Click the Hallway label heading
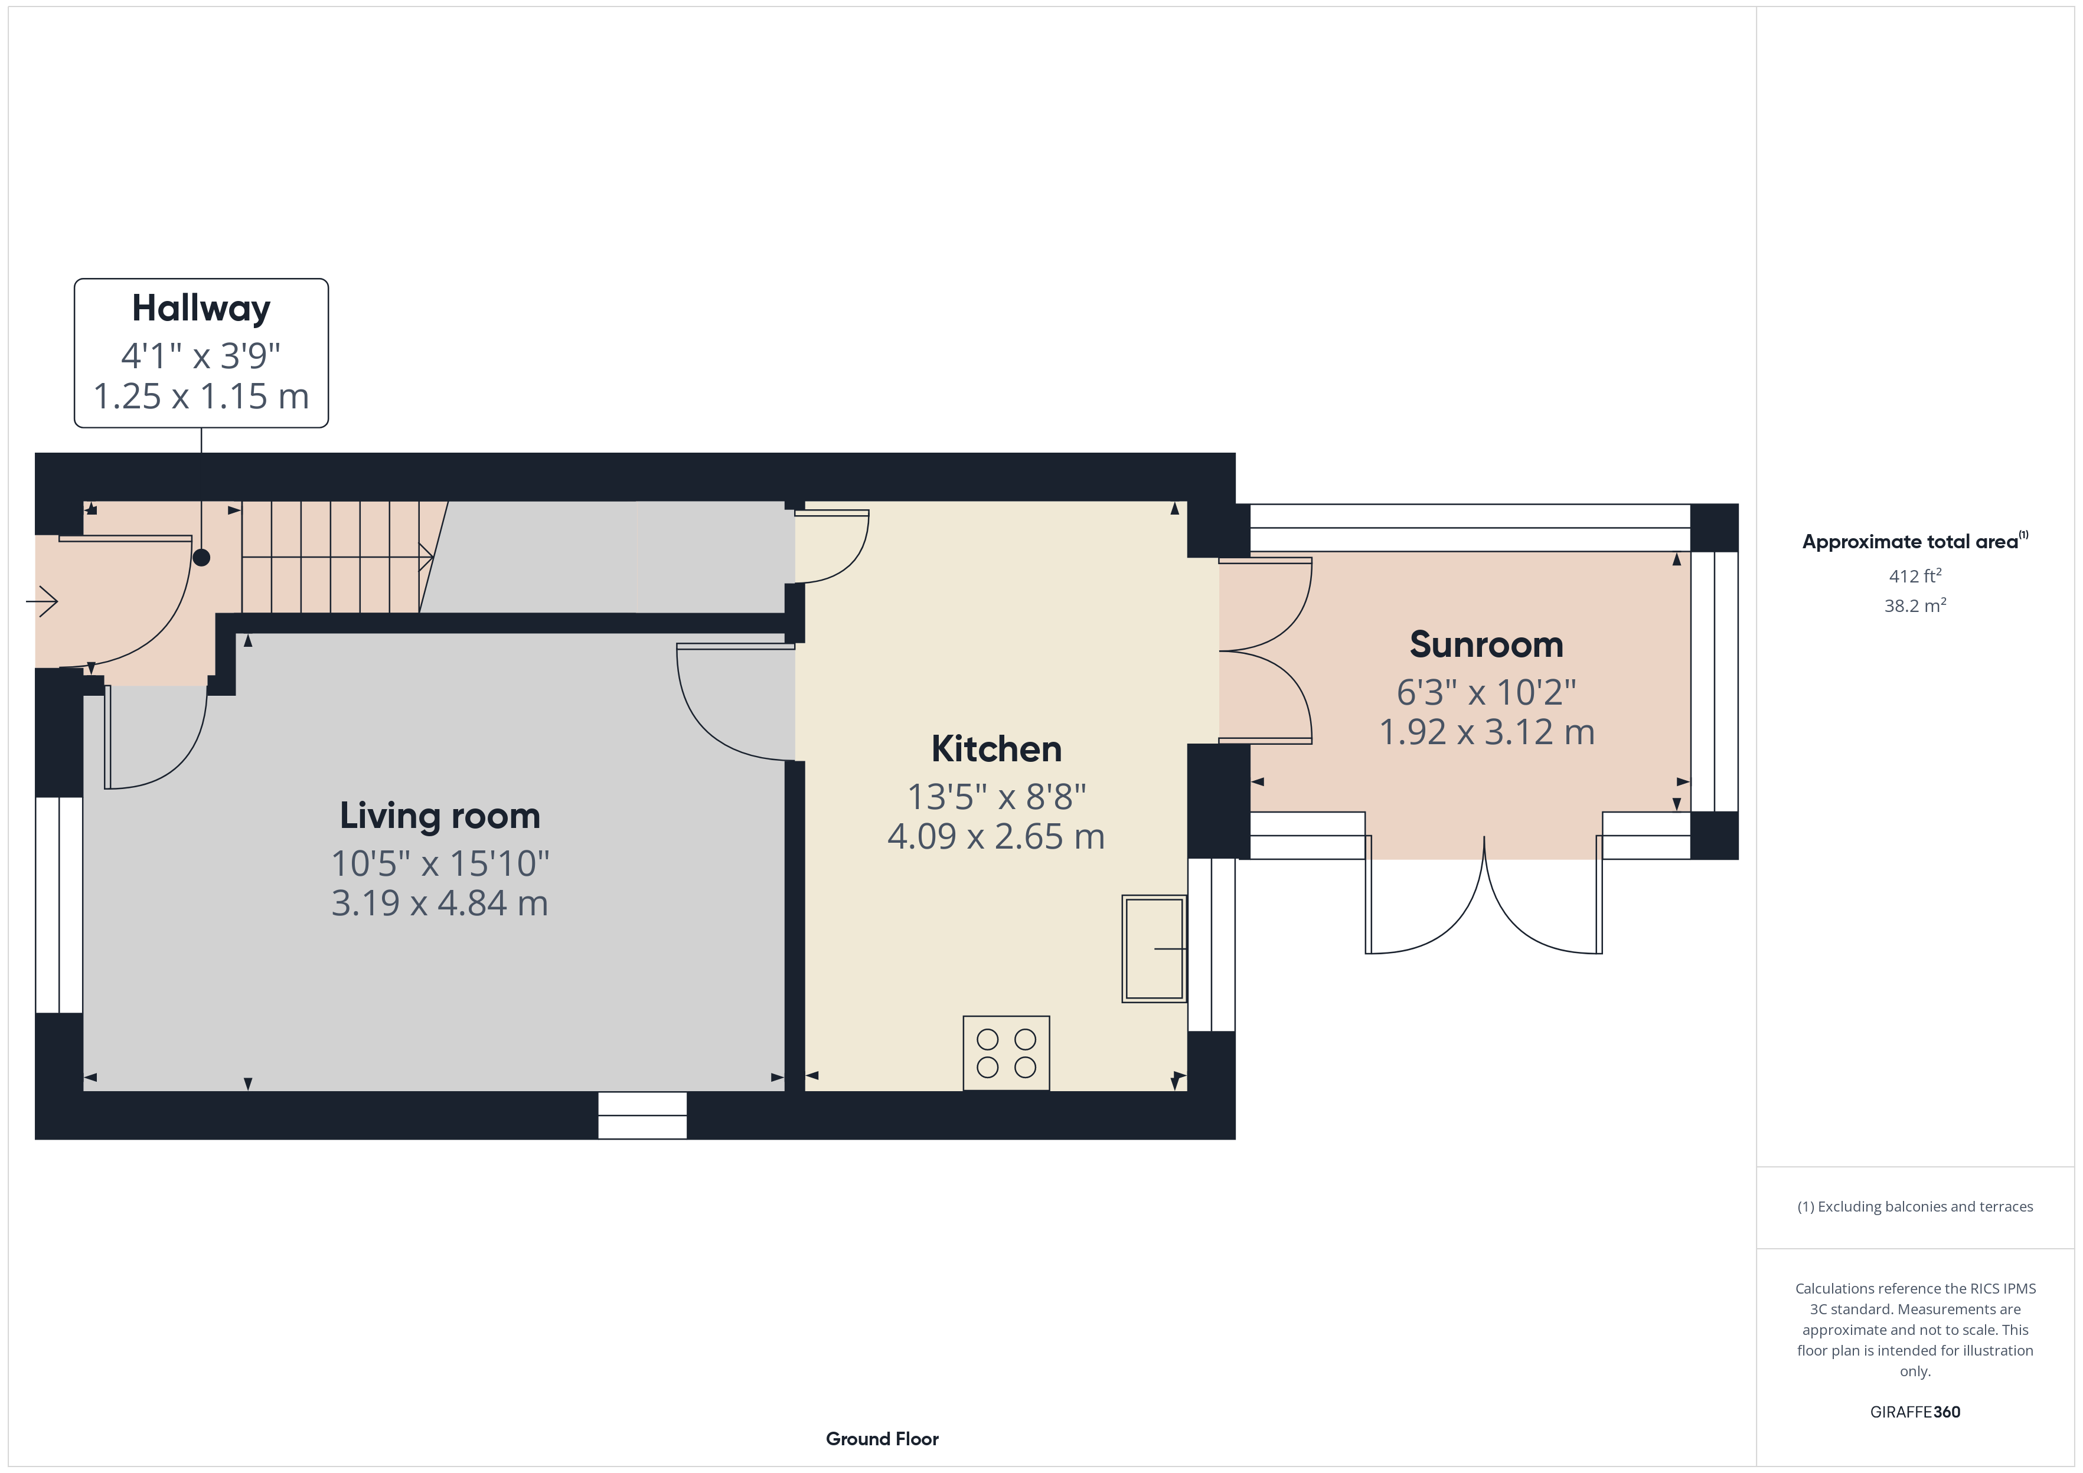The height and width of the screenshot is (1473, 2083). [201, 309]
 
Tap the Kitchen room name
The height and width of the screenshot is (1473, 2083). [996, 749]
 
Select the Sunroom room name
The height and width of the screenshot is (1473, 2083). [1486, 645]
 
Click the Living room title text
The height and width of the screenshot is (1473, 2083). [440, 816]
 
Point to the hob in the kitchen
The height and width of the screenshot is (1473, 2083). [1006, 1053]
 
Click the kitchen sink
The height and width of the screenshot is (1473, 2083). [1154, 949]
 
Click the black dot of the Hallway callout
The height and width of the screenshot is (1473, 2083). [201, 558]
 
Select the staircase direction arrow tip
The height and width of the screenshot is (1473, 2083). [432, 556]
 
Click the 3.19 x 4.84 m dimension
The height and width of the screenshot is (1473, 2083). [440, 904]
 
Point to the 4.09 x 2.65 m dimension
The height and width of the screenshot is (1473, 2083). [996, 836]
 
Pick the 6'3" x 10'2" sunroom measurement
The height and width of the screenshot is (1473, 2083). [1486, 692]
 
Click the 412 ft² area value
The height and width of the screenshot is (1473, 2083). [1915, 576]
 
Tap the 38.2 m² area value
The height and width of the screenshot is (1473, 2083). [1915, 605]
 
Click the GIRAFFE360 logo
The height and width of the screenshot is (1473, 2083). [1915, 1412]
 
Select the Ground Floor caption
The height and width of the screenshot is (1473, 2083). [882, 1439]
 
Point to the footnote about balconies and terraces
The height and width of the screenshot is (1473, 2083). [1915, 1206]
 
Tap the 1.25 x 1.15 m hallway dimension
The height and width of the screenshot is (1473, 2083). [201, 397]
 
